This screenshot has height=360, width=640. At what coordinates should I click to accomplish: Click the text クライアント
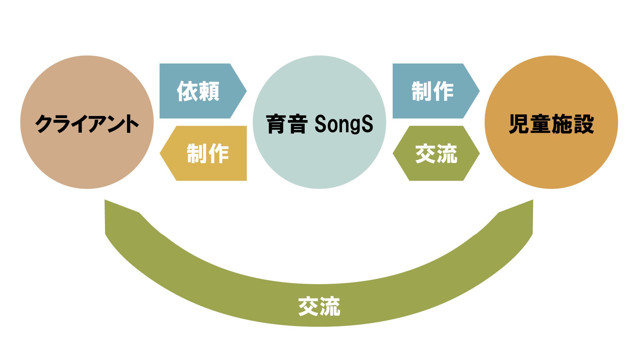point(87,124)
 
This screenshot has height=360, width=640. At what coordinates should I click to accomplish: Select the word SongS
point(344,124)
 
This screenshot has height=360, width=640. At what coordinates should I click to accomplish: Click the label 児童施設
point(551,124)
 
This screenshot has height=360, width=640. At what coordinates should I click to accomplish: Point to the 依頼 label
point(198,91)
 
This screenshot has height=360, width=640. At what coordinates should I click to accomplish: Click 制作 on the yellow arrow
point(208,154)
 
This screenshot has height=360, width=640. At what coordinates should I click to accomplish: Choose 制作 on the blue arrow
point(432,91)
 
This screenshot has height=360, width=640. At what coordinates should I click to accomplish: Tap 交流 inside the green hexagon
point(436,154)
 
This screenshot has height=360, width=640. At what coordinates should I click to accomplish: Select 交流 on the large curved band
point(319,306)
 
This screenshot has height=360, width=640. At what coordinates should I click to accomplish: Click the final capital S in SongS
point(367,124)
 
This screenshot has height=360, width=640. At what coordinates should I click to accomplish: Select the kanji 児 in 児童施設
point(519,124)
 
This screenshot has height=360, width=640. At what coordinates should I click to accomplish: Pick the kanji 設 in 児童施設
point(584,124)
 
